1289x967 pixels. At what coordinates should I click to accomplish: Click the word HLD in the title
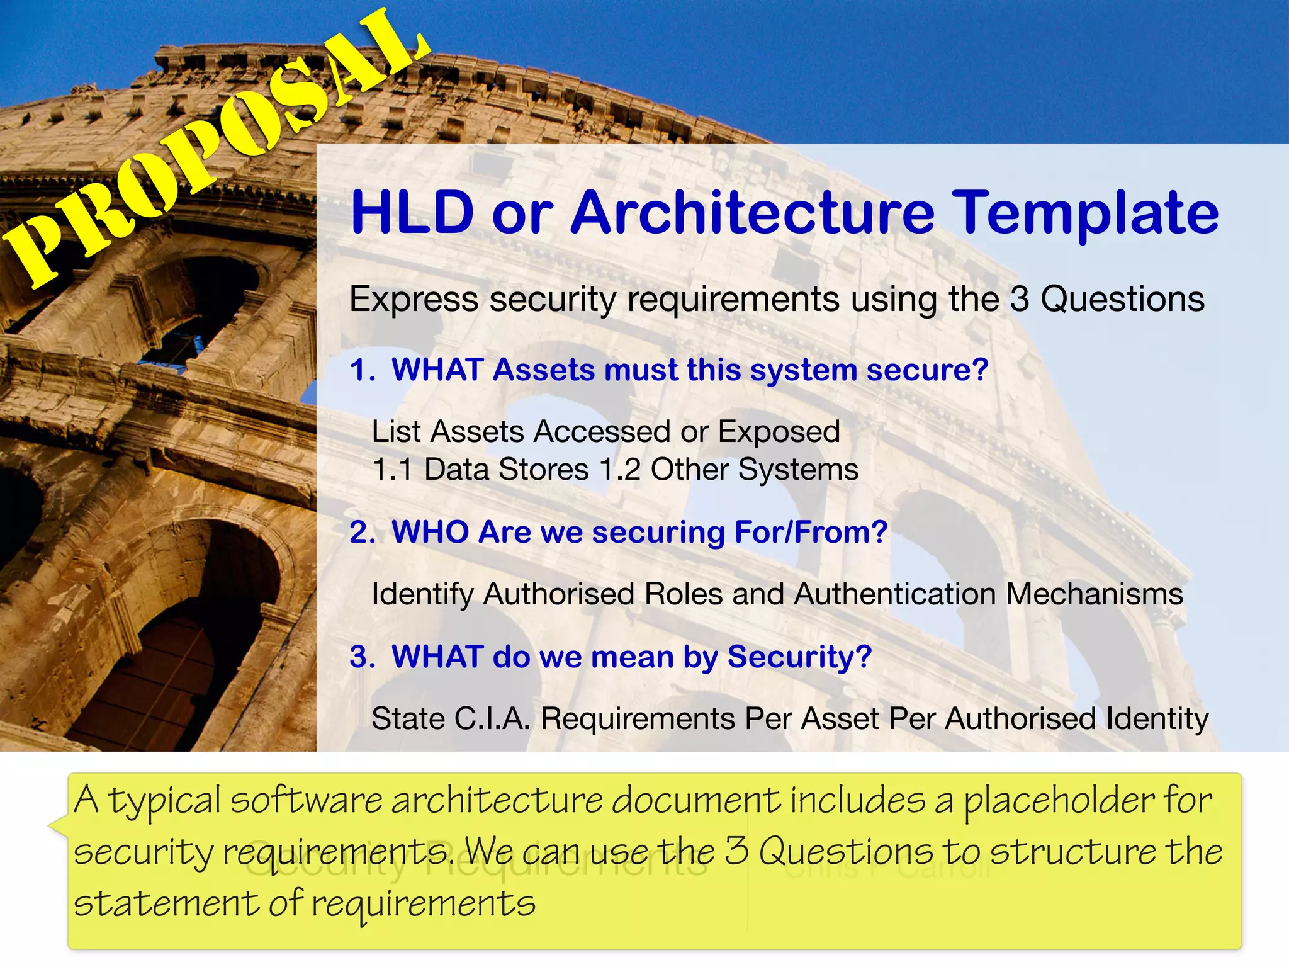point(412,213)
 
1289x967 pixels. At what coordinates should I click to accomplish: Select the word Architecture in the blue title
point(752,213)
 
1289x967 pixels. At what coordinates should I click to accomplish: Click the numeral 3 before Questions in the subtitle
point(1019,299)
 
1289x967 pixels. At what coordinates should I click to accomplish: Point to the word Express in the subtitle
point(414,299)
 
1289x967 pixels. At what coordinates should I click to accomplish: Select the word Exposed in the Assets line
point(779,432)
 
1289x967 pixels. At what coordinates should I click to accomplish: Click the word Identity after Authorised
point(1157,718)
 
